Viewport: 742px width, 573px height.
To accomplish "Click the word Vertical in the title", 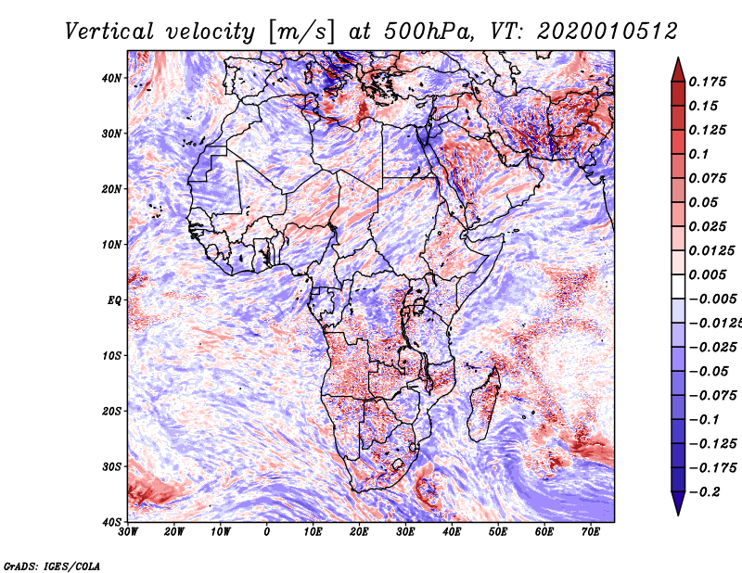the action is [x=109, y=32].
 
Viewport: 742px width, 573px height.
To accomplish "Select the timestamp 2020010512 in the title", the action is [x=608, y=32].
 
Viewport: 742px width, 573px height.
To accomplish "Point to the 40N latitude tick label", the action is [x=111, y=78].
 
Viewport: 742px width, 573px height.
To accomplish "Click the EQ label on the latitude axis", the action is [x=114, y=300].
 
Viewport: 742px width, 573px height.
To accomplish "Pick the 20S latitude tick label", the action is [x=111, y=411].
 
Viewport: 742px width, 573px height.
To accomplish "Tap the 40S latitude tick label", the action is [x=111, y=522].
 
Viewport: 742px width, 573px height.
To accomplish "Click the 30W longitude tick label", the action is [x=128, y=532].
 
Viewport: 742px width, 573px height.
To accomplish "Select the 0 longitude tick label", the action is [x=267, y=532].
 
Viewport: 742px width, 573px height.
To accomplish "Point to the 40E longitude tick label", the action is [x=452, y=532].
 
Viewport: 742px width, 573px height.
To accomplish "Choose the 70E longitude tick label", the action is [x=591, y=532].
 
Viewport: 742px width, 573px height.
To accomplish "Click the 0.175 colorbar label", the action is [x=708, y=82].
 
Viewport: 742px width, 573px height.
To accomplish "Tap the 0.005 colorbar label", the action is [x=708, y=274].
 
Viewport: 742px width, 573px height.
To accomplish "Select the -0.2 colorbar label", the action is [x=705, y=491].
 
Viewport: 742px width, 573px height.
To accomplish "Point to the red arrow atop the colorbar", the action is [x=678, y=70].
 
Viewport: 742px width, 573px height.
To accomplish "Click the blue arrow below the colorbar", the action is [x=678, y=503].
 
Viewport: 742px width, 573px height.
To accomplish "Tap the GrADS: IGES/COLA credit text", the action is [x=52, y=566].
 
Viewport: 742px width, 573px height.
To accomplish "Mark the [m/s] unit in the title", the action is [x=301, y=32].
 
